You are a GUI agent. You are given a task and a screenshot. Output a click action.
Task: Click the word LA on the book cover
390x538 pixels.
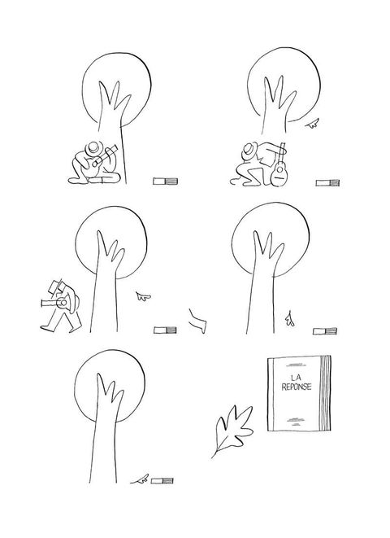pyautogui.click(x=297, y=378)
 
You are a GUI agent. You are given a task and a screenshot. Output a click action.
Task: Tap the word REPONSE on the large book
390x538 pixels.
pyautogui.click(x=297, y=387)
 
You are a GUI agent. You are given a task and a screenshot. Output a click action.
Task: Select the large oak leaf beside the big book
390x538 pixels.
pyautogui.click(x=233, y=430)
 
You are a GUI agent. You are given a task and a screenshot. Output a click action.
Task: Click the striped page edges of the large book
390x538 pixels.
pyautogui.click(x=325, y=393)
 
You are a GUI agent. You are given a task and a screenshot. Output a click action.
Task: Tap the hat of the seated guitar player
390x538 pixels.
pyautogui.click(x=93, y=148)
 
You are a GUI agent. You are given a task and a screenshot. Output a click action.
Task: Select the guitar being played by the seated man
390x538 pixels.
pyautogui.click(x=100, y=158)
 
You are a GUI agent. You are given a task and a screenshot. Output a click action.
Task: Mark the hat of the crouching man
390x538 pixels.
pyautogui.click(x=250, y=150)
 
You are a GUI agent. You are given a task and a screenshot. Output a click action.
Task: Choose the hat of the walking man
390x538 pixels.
pyautogui.click(x=57, y=286)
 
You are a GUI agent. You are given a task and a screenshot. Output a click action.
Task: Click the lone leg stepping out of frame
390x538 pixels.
pyautogui.click(x=198, y=321)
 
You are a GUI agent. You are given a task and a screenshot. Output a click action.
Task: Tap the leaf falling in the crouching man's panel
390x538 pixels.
pyautogui.click(x=312, y=124)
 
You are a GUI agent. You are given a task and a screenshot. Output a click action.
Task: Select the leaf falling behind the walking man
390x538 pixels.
pyautogui.click(x=143, y=296)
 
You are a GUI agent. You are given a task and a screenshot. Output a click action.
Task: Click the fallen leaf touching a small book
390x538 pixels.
pyautogui.click(x=141, y=479)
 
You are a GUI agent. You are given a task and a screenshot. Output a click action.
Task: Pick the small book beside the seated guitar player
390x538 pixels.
pyautogui.click(x=166, y=182)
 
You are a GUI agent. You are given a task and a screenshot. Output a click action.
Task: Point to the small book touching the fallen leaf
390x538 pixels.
pyautogui.click(x=162, y=481)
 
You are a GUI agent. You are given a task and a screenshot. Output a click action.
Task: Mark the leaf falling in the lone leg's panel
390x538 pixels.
pyautogui.click(x=290, y=319)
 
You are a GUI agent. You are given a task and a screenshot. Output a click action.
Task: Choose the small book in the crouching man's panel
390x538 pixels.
pyautogui.click(x=327, y=183)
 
